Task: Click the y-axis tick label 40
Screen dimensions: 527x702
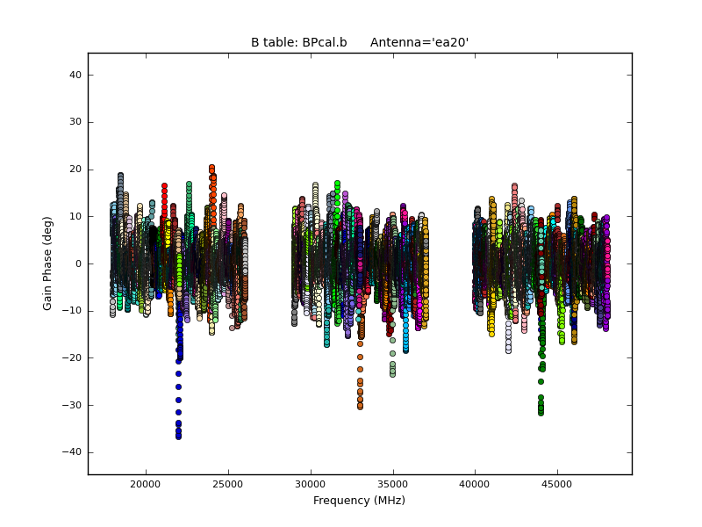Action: point(75,75)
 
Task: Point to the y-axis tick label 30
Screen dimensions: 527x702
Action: point(75,122)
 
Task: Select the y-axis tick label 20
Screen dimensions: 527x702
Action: point(75,170)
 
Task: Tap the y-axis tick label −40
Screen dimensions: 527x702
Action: point(73,452)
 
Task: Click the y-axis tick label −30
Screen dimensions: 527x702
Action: point(73,405)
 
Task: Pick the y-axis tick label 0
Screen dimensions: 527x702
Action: point(78,263)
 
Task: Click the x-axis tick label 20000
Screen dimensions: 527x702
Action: point(145,484)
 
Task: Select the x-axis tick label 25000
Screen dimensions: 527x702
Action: point(227,484)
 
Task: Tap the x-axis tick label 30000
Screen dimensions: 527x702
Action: point(310,484)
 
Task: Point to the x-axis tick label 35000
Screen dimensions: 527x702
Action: point(392,484)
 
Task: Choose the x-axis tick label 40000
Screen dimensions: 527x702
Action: point(475,484)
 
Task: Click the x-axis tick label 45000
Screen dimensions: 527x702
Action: point(557,484)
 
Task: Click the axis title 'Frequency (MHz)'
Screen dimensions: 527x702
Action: point(359,501)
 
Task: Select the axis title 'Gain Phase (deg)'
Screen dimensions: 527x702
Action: point(48,263)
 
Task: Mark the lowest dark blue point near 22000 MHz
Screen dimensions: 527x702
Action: point(178,436)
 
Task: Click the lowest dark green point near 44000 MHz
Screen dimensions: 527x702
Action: point(541,412)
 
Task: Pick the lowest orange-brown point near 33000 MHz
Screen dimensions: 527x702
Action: point(360,407)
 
